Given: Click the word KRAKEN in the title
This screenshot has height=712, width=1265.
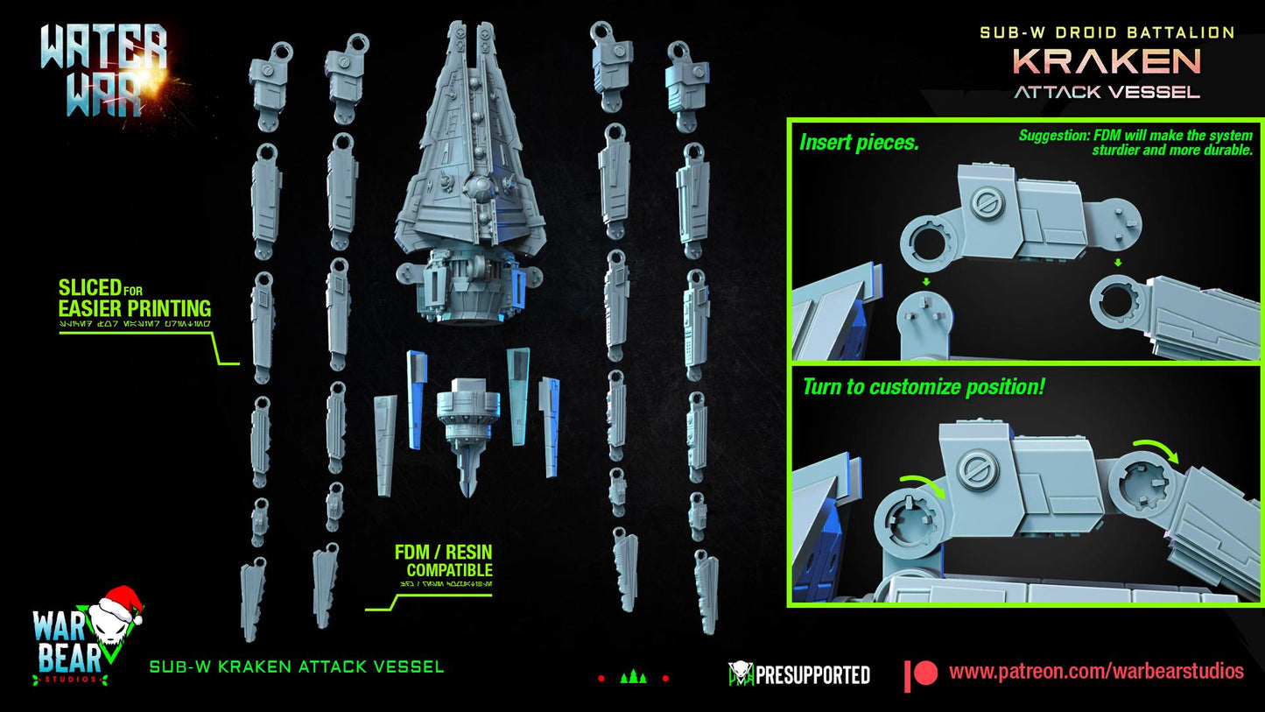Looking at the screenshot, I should (x=1107, y=61).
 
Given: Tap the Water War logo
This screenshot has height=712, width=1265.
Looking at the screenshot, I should (x=103, y=70).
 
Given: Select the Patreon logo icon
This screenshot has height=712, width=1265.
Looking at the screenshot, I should (x=921, y=673).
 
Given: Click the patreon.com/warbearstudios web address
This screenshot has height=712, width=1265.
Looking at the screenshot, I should (x=1096, y=672).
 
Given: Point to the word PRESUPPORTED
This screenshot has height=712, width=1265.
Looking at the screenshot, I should (x=812, y=674).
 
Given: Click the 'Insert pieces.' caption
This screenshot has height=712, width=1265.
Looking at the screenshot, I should (x=859, y=142).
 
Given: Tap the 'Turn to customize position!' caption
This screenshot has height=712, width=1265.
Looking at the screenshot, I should (x=923, y=386).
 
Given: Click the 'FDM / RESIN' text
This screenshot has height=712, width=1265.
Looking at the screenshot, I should (x=443, y=552).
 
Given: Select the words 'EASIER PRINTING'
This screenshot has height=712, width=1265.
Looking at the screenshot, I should (x=134, y=308).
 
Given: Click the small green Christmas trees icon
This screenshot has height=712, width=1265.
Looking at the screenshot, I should (x=633, y=677).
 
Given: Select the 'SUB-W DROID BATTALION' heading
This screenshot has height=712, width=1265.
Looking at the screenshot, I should (x=1107, y=32).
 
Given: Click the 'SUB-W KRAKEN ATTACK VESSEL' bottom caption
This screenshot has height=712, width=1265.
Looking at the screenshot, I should (x=297, y=667).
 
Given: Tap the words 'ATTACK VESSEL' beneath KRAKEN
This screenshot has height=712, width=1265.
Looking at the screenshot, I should (x=1107, y=91).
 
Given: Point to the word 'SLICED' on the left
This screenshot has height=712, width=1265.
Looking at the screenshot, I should (x=89, y=287).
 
